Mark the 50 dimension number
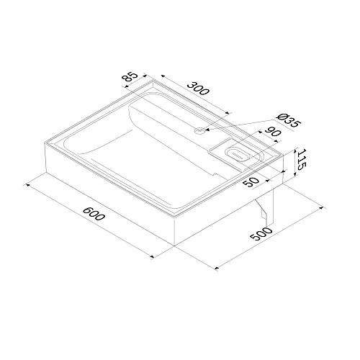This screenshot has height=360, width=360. [x=251, y=181]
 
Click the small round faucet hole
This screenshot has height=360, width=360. [x=199, y=130]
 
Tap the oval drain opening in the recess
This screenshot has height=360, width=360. [x=237, y=153]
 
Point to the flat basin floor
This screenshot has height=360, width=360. [x=144, y=155]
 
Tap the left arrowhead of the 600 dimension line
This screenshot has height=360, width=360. [x=28, y=185]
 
